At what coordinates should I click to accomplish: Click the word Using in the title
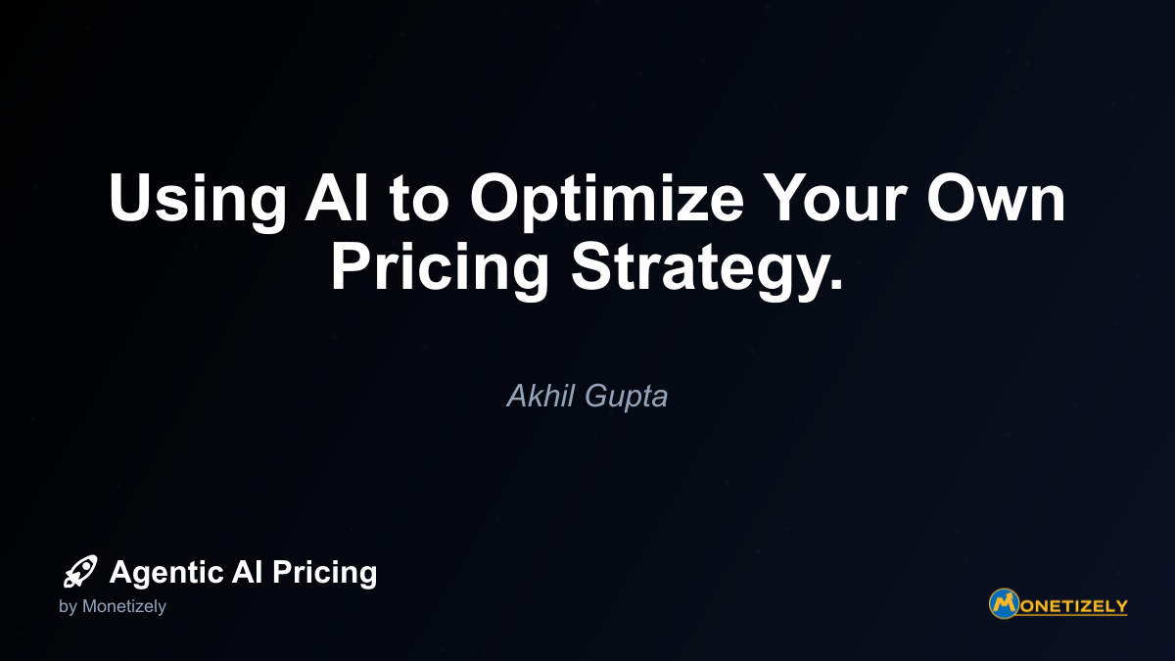[x=197, y=202]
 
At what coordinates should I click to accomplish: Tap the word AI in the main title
[x=337, y=197]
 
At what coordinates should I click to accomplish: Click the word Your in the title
[x=834, y=197]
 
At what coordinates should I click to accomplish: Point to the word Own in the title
[x=996, y=197]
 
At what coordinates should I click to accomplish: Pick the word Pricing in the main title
[x=440, y=271]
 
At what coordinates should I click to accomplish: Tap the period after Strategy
[x=835, y=283]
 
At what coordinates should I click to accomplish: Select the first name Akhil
[x=540, y=396]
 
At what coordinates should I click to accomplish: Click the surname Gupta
[x=627, y=398]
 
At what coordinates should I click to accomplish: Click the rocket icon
[x=80, y=571]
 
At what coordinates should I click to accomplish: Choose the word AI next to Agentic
[x=247, y=571]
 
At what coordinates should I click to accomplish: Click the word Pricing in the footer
[x=324, y=573]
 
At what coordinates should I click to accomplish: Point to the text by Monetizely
[x=113, y=606]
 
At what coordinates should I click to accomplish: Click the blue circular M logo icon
[x=1004, y=603]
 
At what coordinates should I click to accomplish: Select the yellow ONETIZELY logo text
[x=1073, y=606]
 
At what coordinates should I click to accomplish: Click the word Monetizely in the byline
[x=123, y=606]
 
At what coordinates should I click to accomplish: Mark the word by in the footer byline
[x=68, y=607]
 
